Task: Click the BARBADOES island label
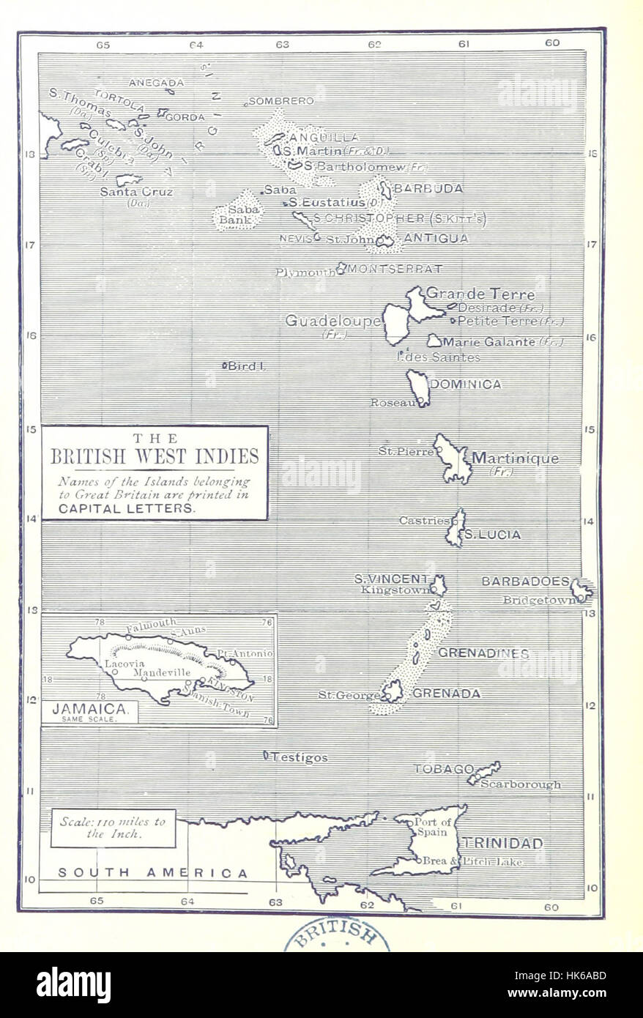(x=525, y=582)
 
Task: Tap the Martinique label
(x=515, y=459)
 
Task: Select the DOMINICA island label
(x=467, y=384)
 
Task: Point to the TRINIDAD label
(x=502, y=844)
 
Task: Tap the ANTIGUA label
(x=436, y=238)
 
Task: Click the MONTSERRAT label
(x=395, y=269)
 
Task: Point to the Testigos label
(x=300, y=758)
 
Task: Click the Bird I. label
(x=246, y=365)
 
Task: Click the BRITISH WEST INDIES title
(x=155, y=457)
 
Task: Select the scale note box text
(x=113, y=828)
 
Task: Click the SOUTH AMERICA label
(x=153, y=872)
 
